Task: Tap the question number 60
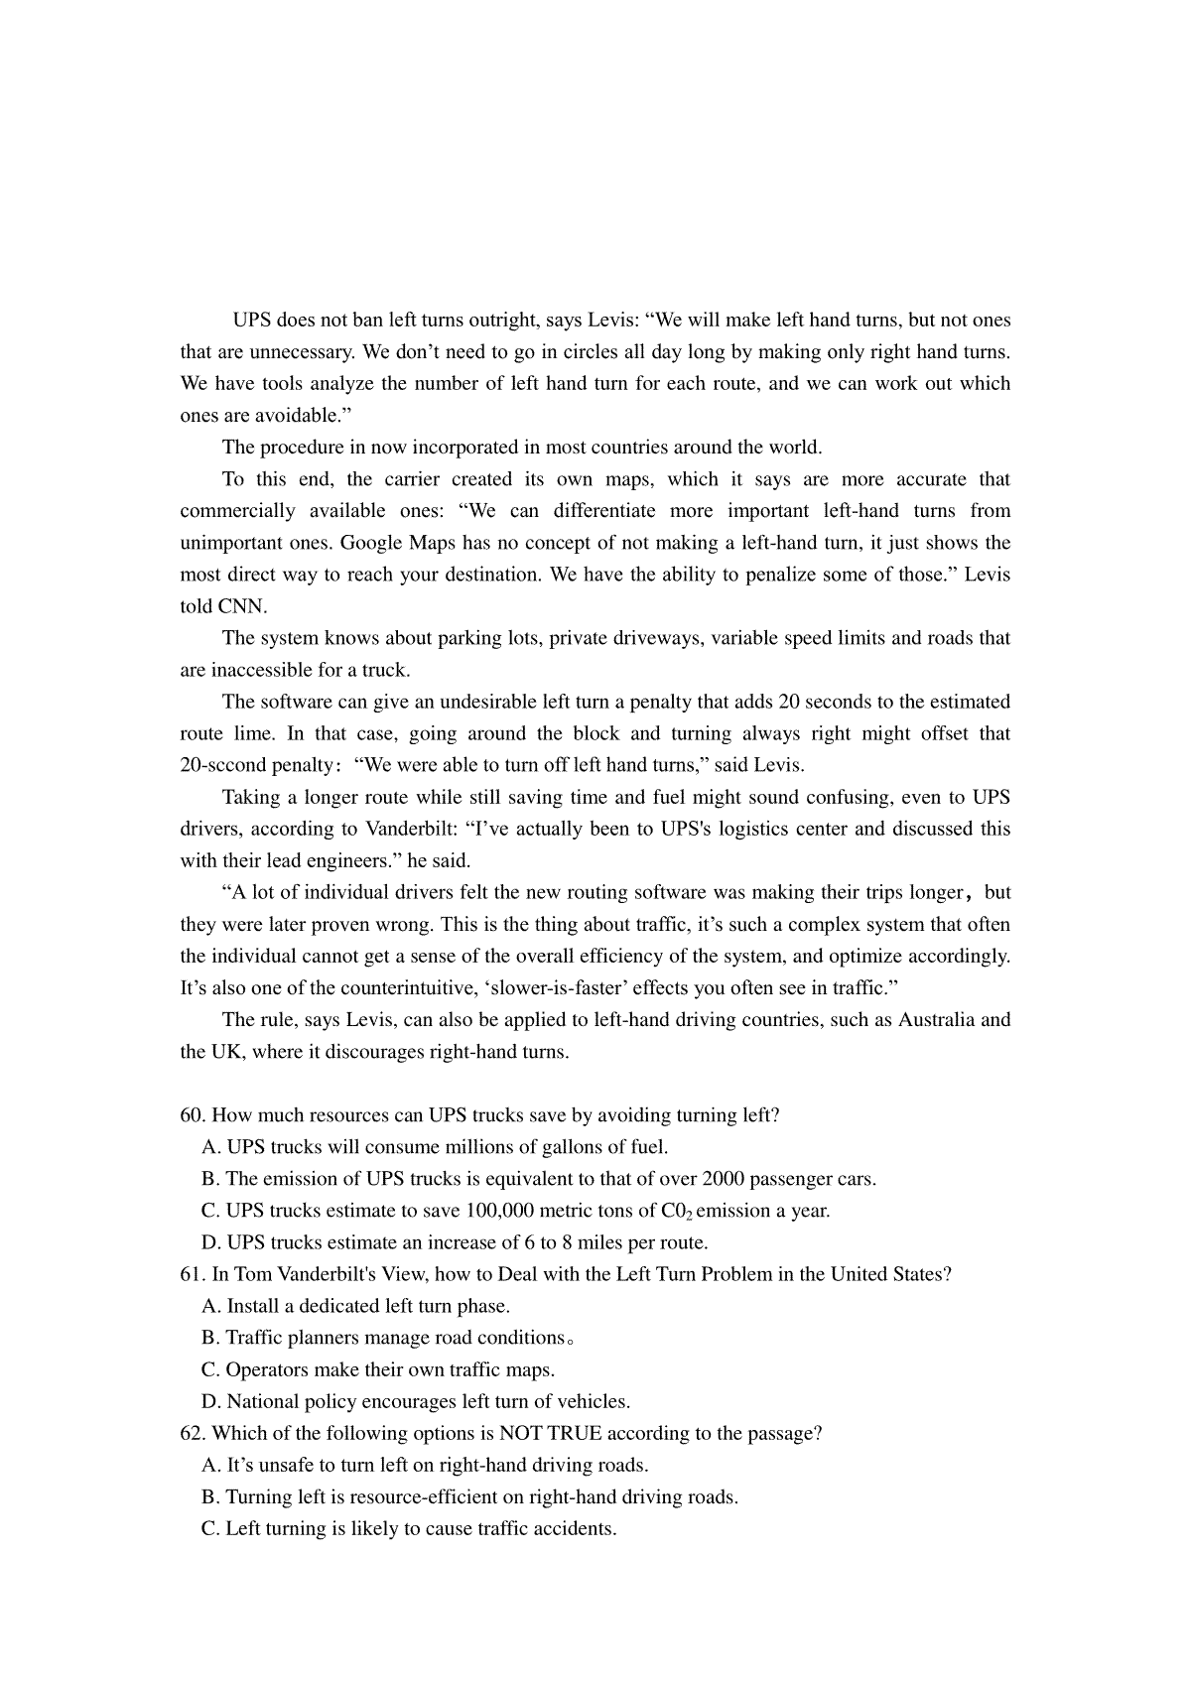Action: click(x=192, y=1115)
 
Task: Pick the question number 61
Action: click(x=192, y=1274)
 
